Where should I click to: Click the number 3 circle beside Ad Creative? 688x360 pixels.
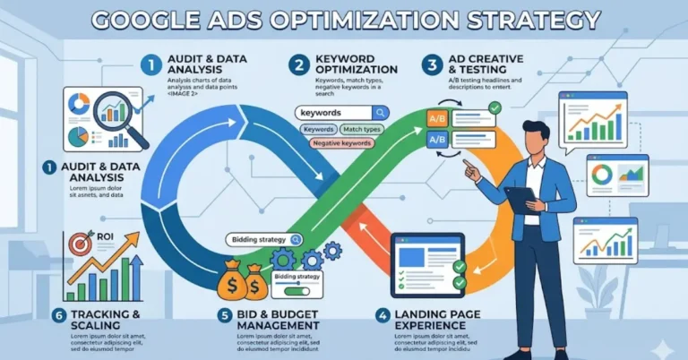[432, 64]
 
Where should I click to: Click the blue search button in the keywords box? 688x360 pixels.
[380, 113]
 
